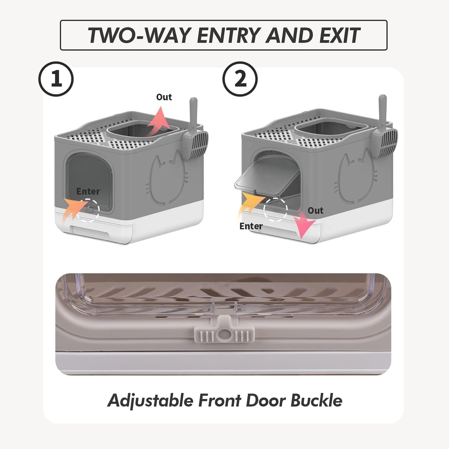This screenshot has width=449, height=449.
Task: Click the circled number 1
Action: click(x=56, y=79)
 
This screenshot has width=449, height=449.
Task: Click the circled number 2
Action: click(x=240, y=79)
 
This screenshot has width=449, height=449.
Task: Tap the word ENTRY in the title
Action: click(x=229, y=36)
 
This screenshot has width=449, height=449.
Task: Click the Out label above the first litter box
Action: click(x=164, y=97)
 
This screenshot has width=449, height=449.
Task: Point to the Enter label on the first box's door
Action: click(x=88, y=192)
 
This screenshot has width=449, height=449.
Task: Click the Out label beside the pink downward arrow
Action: click(x=315, y=211)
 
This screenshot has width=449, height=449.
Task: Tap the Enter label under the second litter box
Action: click(x=251, y=226)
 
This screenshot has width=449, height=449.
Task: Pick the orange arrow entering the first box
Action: click(x=74, y=210)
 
